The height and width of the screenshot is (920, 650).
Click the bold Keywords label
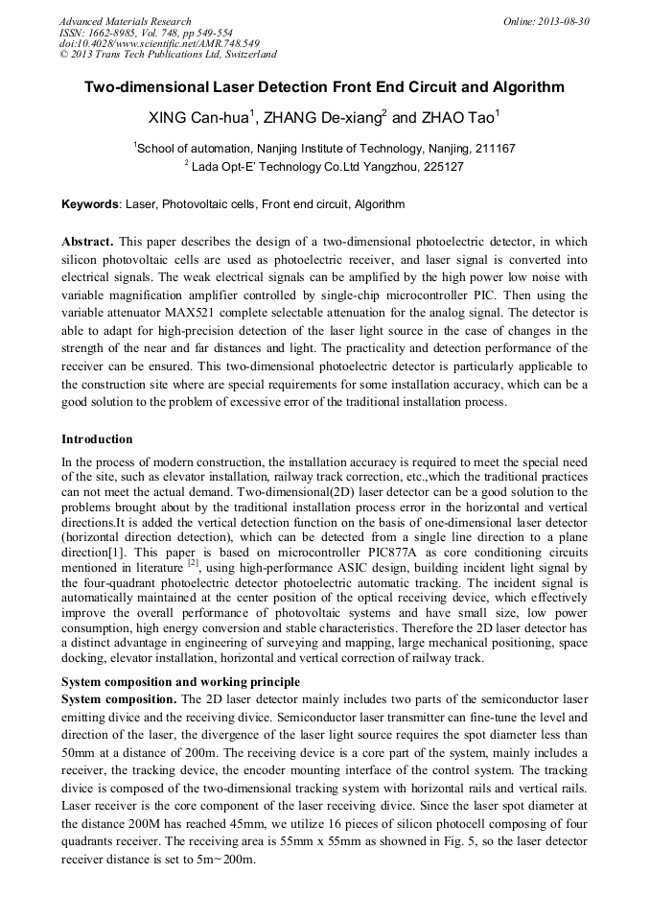pos(91,204)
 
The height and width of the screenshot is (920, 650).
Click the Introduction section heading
pos(97,439)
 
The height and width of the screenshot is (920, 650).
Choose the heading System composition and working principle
pos(180,682)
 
